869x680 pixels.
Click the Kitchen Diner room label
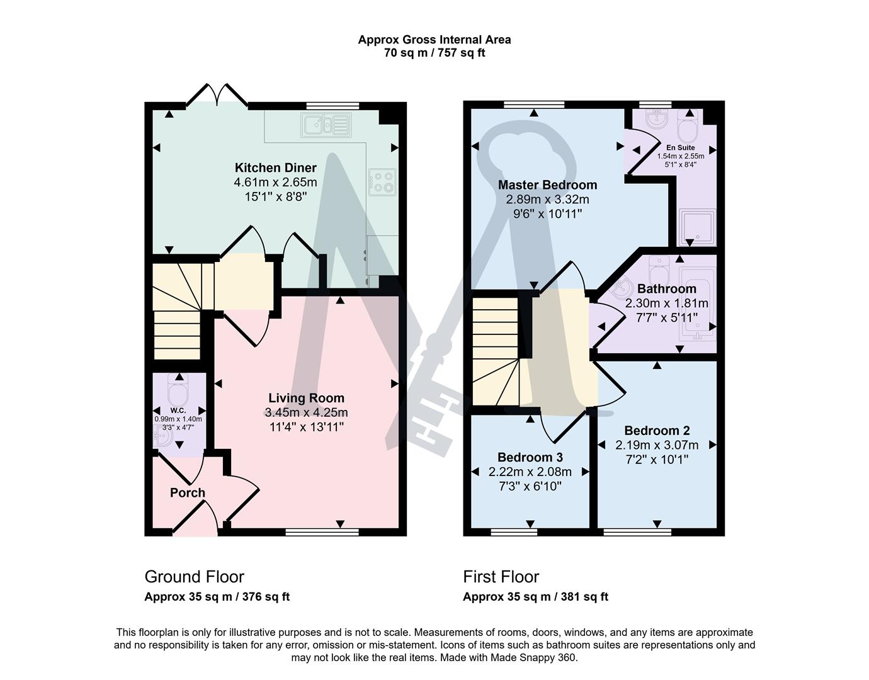[275, 167]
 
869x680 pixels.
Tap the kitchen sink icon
[326, 125]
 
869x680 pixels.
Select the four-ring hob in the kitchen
[383, 182]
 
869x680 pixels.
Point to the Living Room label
[306, 398]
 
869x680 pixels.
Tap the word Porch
[188, 492]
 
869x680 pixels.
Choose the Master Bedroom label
[547, 184]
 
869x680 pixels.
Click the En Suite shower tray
[696, 226]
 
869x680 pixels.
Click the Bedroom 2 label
[657, 431]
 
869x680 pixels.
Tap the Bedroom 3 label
[530, 457]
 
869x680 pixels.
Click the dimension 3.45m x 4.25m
[307, 412]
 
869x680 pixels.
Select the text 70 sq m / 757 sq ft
[434, 53]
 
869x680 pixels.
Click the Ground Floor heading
[194, 577]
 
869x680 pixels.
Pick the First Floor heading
[501, 577]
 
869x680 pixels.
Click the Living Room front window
[322, 533]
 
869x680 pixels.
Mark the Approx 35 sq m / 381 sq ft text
[535, 597]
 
